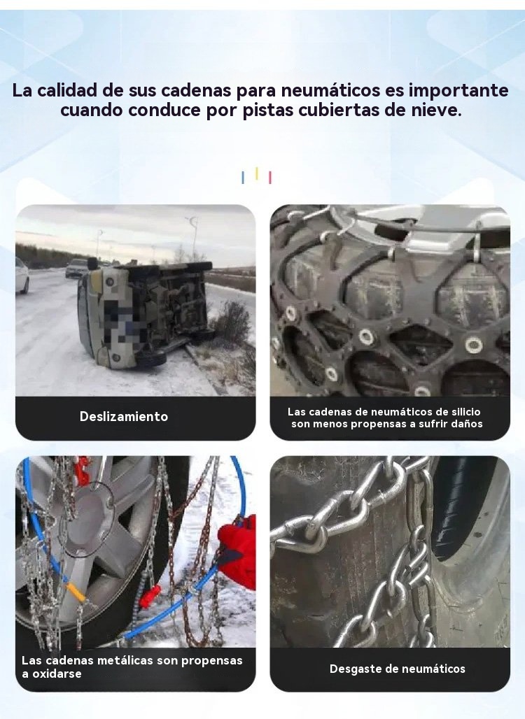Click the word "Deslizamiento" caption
point(124,416)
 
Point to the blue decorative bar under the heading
point(243,178)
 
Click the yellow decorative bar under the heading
point(256,173)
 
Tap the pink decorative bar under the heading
point(269,178)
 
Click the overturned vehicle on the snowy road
point(146,315)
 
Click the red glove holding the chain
point(238,551)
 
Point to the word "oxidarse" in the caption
point(57,674)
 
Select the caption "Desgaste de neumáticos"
point(398,669)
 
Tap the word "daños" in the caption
point(465,424)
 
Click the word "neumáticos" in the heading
point(330,91)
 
